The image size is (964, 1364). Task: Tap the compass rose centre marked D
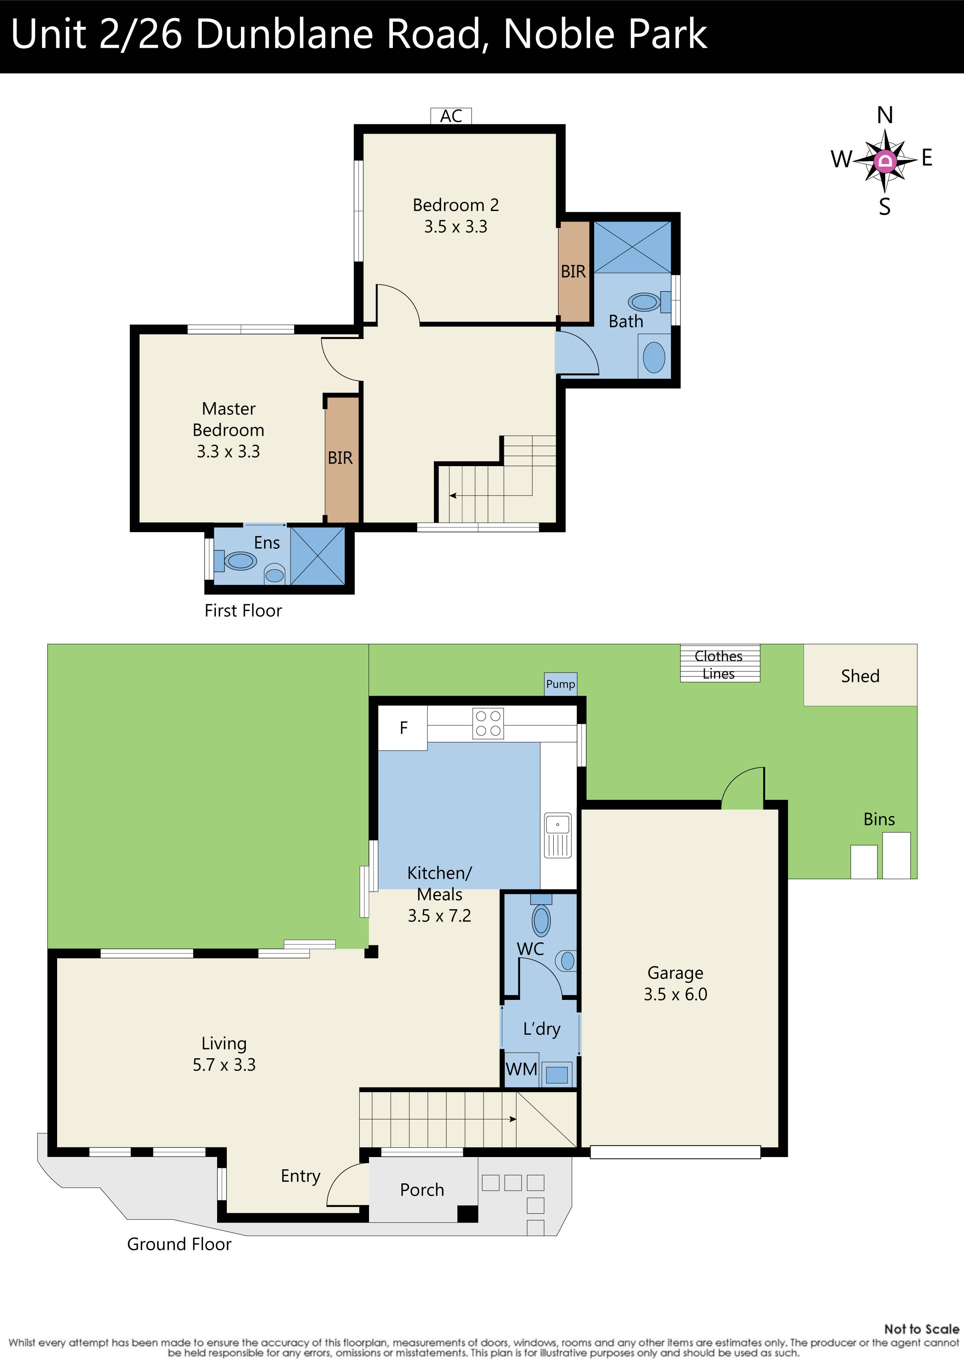885,160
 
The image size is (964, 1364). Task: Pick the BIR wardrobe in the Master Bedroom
341,458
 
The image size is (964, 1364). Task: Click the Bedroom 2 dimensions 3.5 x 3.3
455,227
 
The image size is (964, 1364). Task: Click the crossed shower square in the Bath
632,247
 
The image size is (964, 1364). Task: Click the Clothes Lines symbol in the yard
719,664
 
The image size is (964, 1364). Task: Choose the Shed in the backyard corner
859,676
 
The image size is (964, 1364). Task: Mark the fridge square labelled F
403,728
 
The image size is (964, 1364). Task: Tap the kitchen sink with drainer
557,835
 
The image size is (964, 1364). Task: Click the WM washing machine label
521,1069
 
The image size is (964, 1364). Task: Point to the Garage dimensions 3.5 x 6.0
675,994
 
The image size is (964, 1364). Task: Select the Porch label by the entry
422,1189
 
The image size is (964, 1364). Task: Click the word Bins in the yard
879,819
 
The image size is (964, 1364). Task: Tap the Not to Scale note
921,1329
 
